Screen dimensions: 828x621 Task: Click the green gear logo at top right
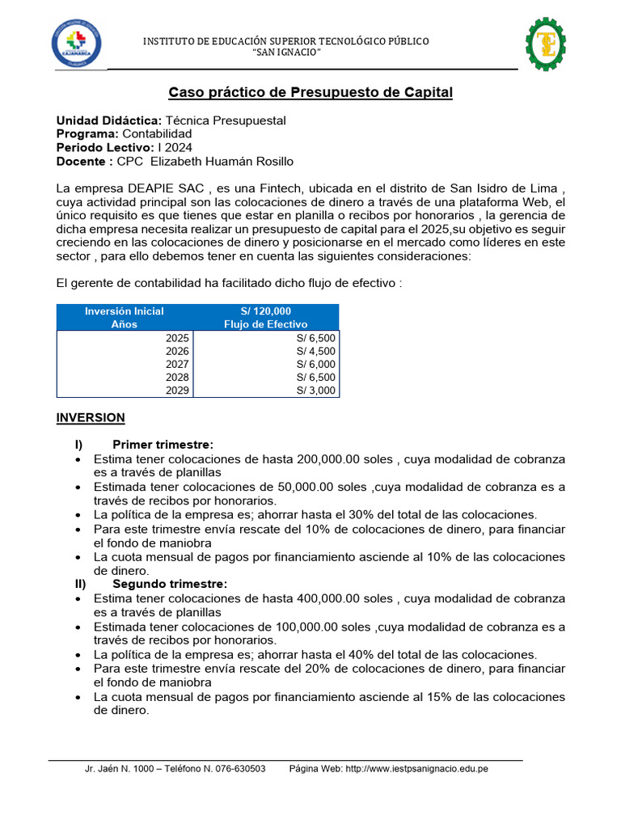(546, 44)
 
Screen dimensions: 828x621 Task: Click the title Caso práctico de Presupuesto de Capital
(310, 93)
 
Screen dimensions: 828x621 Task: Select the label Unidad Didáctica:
(109, 120)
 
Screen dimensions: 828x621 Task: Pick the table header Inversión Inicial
(125, 311)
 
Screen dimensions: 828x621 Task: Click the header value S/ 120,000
(265, 311)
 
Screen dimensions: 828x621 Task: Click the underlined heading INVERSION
(91, 417)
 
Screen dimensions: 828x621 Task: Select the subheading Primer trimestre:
(163, 445)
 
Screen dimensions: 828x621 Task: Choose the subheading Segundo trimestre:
(170, 584)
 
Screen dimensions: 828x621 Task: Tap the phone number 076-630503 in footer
(240, 768)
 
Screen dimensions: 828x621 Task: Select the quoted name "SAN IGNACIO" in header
(287, 53)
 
